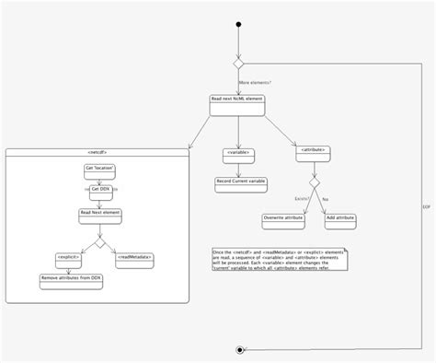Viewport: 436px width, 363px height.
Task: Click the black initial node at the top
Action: tap(239, 24)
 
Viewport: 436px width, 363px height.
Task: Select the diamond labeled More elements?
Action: tap(239, 67)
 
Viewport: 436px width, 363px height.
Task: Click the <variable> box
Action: tap(238, 153)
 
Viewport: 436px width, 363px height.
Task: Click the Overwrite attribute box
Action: tap(279, 219)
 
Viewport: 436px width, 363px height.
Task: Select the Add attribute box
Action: tap(338, 219)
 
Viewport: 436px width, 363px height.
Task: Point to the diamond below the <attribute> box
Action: tap(314, 183)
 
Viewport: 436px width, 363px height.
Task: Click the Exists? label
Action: tap(300, 197)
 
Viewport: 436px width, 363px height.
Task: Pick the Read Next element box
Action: tap(100, 214)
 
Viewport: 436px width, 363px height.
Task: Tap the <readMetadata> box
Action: tap(134, 257)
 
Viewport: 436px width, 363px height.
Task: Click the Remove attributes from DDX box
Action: tap(71, 278)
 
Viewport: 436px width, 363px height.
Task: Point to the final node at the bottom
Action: tap(239, 350)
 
